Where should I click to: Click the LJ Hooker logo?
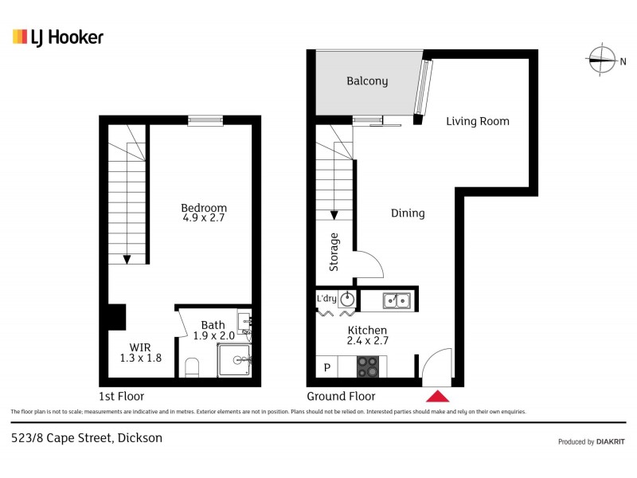tap(58, 37)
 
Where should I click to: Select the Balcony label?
tap(367, 80)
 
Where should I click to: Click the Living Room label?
tap(477, 121)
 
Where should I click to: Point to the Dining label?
tap(407, 213)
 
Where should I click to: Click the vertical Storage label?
tap(334, 252)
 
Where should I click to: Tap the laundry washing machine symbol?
tap(348, 300)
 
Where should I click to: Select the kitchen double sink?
tap(396, 300)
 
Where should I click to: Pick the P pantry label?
tap(326, 367)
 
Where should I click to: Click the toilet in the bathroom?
tap(191, 367)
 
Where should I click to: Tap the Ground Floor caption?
tap(341, 396)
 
